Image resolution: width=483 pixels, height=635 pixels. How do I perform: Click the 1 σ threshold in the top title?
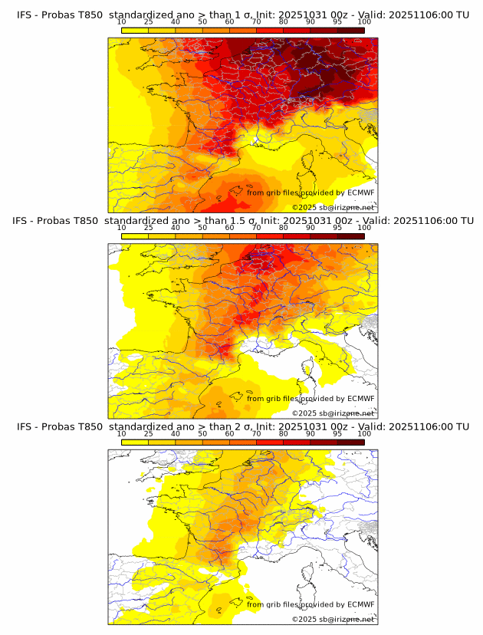[x=245, y=14]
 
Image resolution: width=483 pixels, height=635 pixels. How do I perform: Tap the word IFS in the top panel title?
[x=25, y=14]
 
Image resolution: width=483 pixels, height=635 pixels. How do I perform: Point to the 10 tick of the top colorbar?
[x=122, y=22]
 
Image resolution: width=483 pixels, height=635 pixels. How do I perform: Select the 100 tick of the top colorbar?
[x=364, y=22]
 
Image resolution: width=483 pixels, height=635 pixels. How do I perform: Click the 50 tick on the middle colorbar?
[x=202, y=229]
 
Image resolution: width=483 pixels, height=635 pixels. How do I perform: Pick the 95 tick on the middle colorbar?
[x=337, y=229]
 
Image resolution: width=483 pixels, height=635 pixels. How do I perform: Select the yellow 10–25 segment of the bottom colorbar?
[x=135, y=443]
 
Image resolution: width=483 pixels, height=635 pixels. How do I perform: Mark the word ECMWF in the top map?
[x=360, y=192]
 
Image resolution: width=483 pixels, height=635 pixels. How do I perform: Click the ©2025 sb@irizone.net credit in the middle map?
[x=333, y=413]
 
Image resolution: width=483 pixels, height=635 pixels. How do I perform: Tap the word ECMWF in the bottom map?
[x=360, y=604]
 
